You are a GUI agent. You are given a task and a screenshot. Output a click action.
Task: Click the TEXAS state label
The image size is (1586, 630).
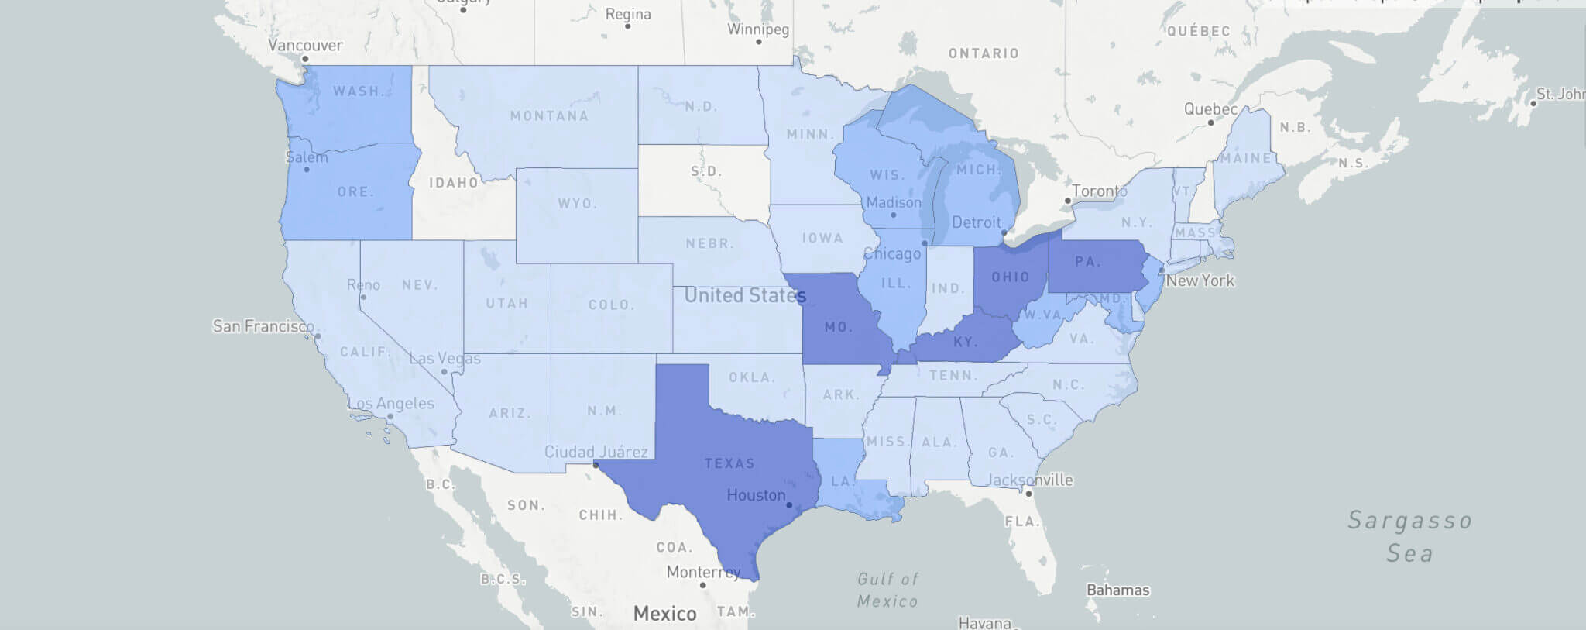pyautogui.click(x=729, y=463)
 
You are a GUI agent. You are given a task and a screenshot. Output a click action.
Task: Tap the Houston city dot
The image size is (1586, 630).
pyautogui.click(x=789, y=505)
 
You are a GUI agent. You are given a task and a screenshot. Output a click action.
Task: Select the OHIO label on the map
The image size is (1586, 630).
pyautogui.click(x=1011, y=277)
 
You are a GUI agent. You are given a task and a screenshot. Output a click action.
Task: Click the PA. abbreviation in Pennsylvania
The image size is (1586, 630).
pyautogui.click(x=1088, y=262)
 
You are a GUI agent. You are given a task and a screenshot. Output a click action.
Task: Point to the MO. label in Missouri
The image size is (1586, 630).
pyautogui.click(x=838, y=327)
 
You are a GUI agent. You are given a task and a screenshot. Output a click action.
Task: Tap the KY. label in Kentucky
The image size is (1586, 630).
pyautogui.click(x=965, y=342)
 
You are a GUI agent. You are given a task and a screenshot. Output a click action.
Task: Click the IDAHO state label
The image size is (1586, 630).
pyautogui.click(x=454, y=183)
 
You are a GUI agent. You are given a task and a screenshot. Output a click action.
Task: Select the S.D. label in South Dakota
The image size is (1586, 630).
pyautogui.click(x=705, y=171)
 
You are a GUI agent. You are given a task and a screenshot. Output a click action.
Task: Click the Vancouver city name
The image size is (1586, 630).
pyautogui.click(x=305, y=45)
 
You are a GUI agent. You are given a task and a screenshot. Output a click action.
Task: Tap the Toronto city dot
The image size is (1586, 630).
pyautogui.click(x=1068, y=201)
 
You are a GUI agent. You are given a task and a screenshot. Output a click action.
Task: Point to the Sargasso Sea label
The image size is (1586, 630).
pyautogui.click(x=1409, y=536)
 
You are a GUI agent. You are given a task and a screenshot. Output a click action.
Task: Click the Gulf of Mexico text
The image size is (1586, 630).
pyautogui.click(x=887, y=590)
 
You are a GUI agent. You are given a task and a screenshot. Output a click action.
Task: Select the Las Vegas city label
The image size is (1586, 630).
pyautogui.click(x=445, y=358)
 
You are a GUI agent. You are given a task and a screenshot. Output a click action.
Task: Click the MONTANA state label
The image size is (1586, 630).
pyautogui.click(x=549, y=116)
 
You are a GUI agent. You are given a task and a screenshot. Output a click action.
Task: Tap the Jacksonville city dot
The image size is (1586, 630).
pyautogui.click(x=1029, y=493)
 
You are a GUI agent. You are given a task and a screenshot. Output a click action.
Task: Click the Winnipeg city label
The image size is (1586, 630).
pyautogui.click(x=758, y=29)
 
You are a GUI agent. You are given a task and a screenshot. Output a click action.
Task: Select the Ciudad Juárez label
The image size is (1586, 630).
pyautogui.click(x=596, y=452)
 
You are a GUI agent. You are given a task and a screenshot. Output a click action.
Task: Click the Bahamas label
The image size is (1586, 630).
pyautogui.click(x=1117, y=590)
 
